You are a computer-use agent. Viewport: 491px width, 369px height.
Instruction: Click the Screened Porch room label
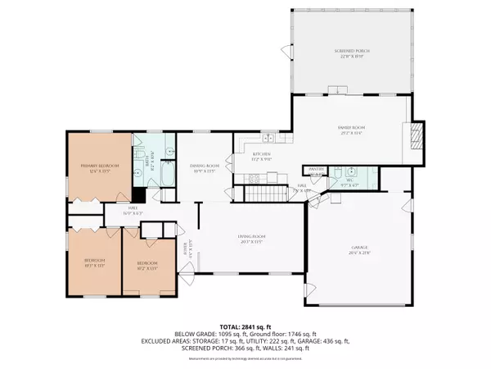tap(352, 53)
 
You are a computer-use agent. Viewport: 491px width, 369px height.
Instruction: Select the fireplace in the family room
tap(417, 134)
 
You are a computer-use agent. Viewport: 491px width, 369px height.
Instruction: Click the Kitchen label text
tap(261, 156)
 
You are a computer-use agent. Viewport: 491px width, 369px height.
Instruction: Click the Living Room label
tap(250, 239)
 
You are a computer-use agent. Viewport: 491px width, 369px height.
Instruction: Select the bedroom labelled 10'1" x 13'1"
tap(95, 262)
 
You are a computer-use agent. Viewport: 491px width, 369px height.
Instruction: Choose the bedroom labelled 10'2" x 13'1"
tap(148, 264)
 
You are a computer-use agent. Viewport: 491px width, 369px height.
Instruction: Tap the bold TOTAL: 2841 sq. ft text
tap(245, 327)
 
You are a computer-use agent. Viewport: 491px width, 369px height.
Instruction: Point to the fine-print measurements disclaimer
tap(245, 358)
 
